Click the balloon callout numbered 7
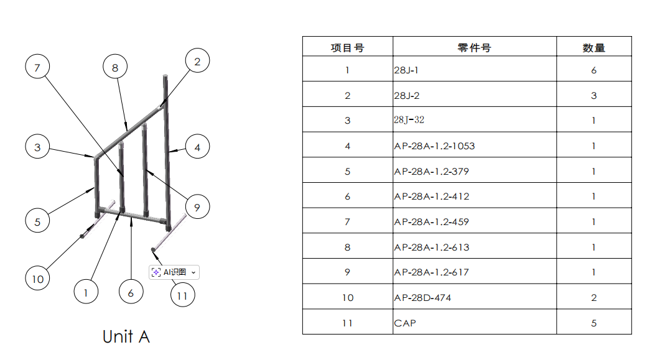click(x=37, y=67)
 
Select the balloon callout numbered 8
click(x=115, y=67)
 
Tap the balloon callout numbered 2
click(x=197, y=61)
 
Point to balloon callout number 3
click(x=37, y=147)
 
